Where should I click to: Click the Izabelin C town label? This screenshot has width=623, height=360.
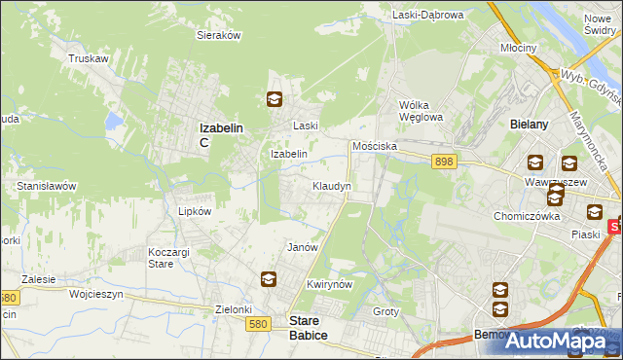[x=220, y=133]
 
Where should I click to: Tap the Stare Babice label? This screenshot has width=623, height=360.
[x=309, y=327]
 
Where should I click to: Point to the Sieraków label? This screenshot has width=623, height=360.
[x=219, y=35]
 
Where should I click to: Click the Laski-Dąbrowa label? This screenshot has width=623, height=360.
[x=426, y=15]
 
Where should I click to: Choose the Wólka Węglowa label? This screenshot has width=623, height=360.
[x=421, y=111]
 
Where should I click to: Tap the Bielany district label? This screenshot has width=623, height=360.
[x=531, y=125]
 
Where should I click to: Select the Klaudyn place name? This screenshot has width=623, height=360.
[x=332, y=185]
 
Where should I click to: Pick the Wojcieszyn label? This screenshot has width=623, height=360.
[x=93, y=292]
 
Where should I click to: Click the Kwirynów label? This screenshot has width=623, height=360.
[x=327, y=284]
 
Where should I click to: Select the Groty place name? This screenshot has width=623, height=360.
[x=386, y=311]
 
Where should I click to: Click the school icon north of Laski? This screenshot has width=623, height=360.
[x=275, y=98]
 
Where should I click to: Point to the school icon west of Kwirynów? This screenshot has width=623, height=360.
[x=268, y=280]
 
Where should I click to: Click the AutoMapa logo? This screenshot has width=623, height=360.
[x=553, y=341]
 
